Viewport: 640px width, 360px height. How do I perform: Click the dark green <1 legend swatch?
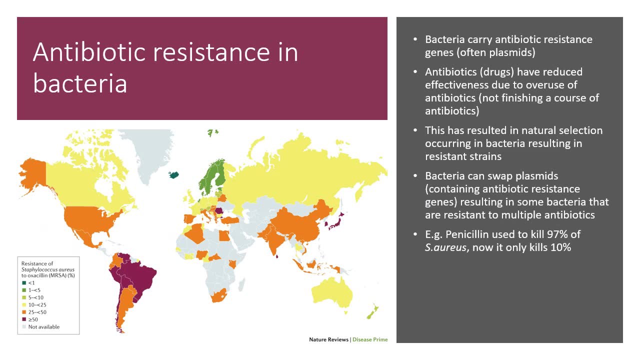coord(24,283)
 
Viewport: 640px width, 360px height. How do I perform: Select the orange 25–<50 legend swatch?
coord(24,312)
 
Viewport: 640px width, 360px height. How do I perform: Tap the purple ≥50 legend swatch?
coord(24,319)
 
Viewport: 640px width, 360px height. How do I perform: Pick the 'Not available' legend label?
coord(44,327)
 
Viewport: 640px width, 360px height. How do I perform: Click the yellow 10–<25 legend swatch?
coord(24,305)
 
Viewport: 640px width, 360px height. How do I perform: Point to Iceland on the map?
coord(173,174)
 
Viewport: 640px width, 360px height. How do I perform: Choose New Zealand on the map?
coord(372,312)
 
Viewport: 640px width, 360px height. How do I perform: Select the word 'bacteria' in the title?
coord(80,83)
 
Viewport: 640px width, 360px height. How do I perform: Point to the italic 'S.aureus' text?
coord(445,247)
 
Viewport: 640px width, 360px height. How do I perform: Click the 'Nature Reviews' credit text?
coord(328,339)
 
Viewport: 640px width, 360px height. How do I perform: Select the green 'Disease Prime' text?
coord(370,339)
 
